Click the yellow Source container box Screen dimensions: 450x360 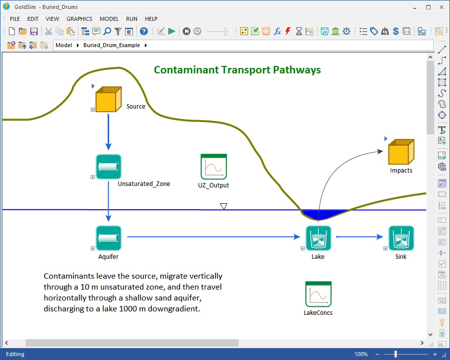click(x=109, y=99)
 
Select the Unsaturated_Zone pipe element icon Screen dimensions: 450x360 click(x=109, y=167)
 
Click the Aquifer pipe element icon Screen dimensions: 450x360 click(x=109, y=238)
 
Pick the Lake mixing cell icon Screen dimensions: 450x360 click(x=318, y=238)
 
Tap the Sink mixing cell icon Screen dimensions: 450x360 click(x=401, y=238)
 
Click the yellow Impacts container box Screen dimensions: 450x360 click(x=401, y=152)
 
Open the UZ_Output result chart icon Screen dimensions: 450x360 click(x=214, y=167)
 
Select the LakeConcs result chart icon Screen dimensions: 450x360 click(x=318, y=294)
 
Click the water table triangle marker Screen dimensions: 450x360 click(x=224, y=206)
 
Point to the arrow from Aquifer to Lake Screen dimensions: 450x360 click(x=213, y=237)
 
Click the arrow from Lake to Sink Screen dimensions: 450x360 click(x=360, y=237)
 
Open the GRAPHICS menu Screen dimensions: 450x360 click(x=79, y=19)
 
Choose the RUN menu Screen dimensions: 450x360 click(x=132, y=19)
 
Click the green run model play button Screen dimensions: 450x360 click(x=172, y=31)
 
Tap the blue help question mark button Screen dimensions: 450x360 click(x=144, y=31)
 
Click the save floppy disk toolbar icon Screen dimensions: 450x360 click(x=34, y=31)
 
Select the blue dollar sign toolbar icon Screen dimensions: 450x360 click(x=396, y=31)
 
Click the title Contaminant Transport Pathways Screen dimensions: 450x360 click(x=237, y=70)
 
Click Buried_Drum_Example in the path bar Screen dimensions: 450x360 click(x=112, y=45)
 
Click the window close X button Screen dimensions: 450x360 click(x=442, y=7)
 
